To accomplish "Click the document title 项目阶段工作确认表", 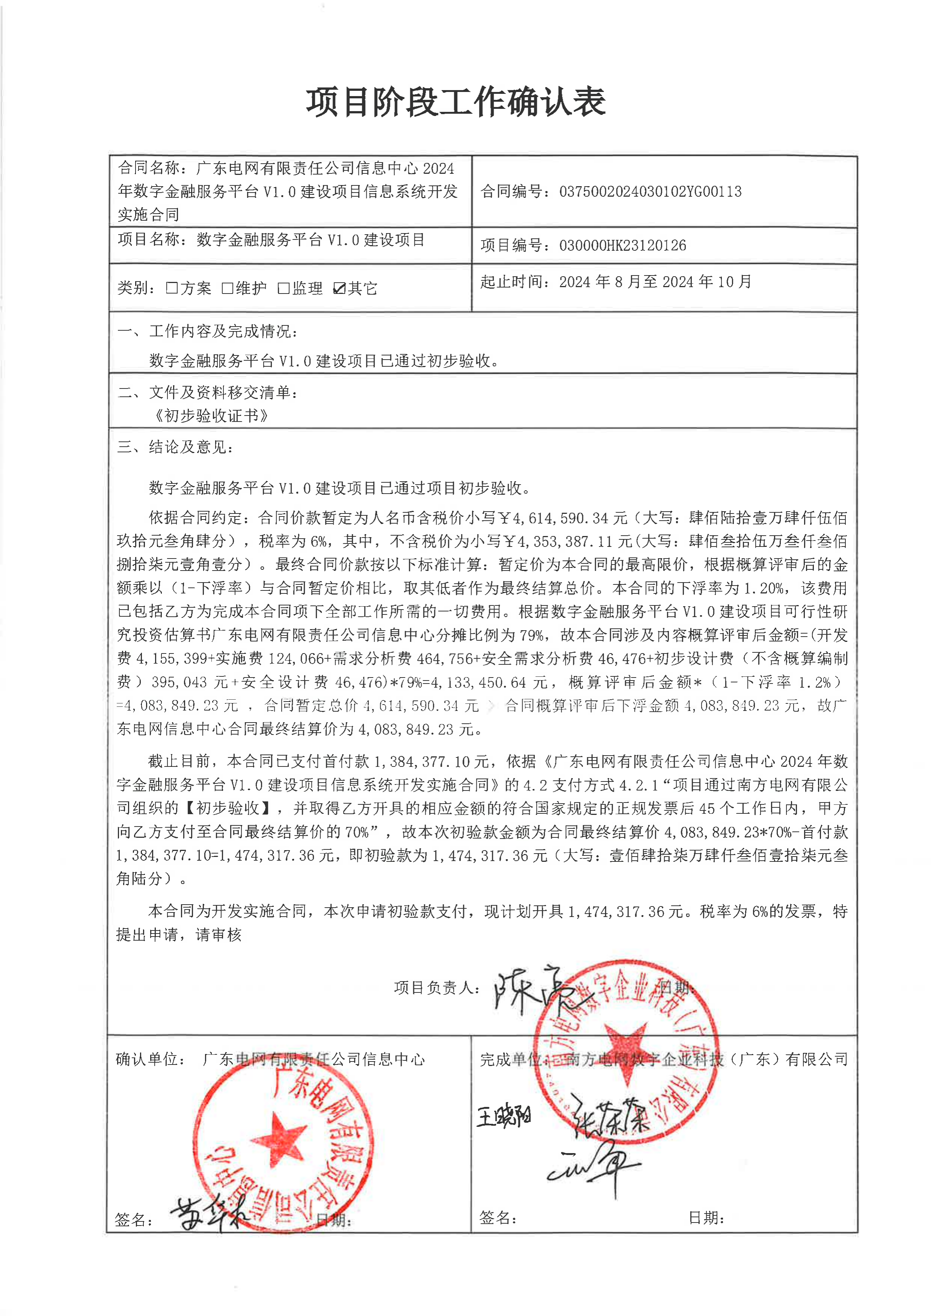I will (456, 102).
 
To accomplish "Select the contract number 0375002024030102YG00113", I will (650, 191).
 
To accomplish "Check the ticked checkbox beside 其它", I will (339, 288).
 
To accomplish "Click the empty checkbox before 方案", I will (172, 288).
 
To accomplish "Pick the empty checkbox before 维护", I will (227, 288).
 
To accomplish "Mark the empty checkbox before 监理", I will (283, 288).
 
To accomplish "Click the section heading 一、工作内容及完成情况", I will (208, 331).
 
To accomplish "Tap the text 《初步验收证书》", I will (211, 415).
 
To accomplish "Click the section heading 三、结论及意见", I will (175, 447).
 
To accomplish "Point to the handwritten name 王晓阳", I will (504, 1116).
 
